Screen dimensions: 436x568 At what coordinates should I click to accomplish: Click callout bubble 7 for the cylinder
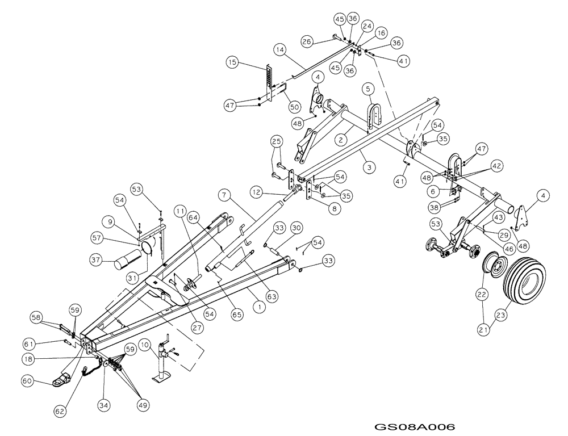(x=224, y=195)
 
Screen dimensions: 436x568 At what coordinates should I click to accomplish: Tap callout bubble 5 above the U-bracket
(x=368, y=89)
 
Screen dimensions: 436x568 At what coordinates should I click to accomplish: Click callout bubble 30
(x=296, y=228)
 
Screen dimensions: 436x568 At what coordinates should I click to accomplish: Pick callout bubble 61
(x=29, y=343)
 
